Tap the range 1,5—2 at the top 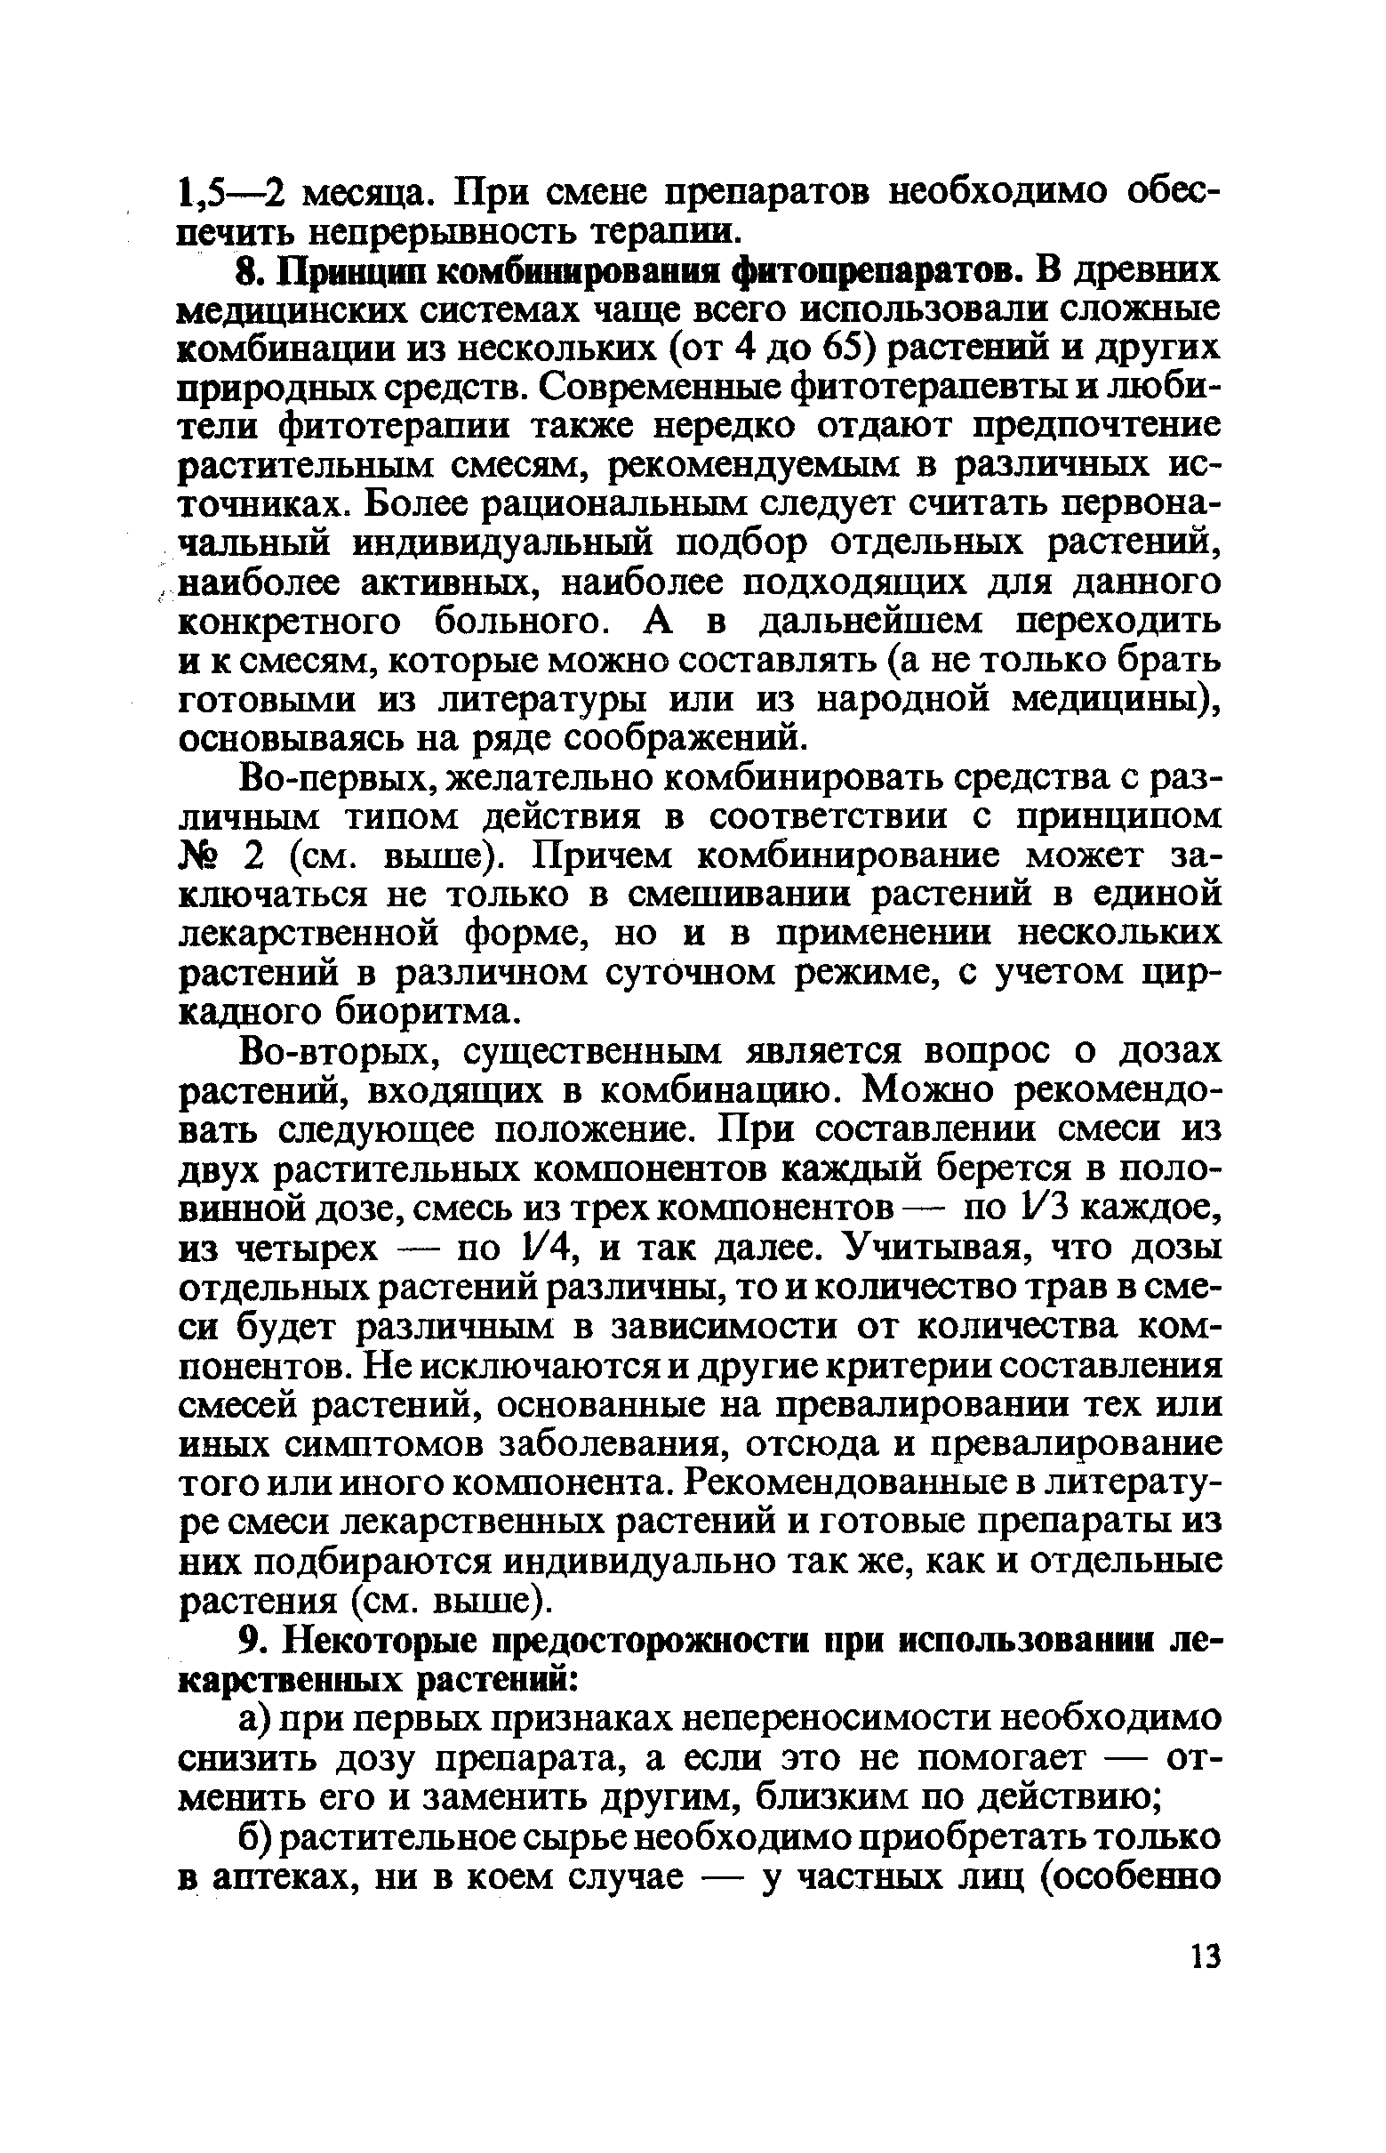[233, 193]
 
